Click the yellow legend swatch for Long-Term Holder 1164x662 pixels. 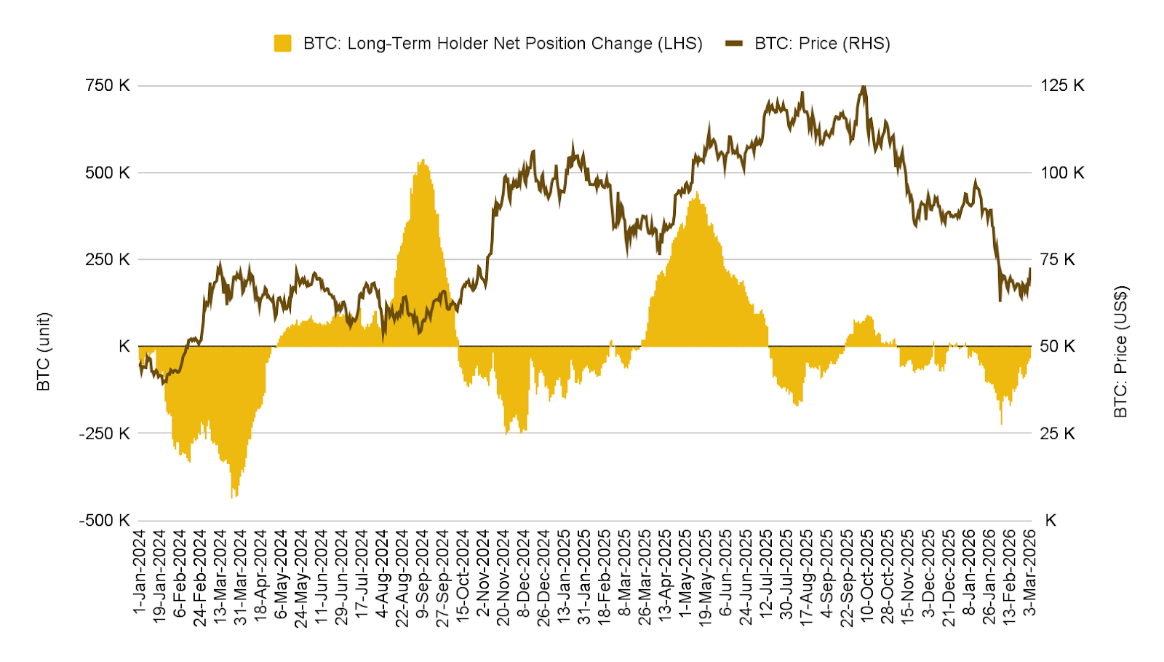point(282,44)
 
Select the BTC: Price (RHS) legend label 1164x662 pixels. point(822,44)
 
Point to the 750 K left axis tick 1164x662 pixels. point(108,86)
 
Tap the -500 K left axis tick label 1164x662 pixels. point(105,521)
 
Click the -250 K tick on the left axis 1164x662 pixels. point(105,433)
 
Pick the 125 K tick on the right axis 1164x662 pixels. point(1062,86)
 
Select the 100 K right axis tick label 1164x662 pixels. point(1062,173)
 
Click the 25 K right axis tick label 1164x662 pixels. point(1057,433)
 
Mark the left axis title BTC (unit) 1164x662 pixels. point(44,352)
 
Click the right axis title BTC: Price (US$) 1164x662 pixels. point(1120,352)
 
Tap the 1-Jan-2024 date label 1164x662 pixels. point(140,572)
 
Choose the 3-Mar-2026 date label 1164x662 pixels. point(1030,572)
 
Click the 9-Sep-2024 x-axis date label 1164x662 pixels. point(423,572)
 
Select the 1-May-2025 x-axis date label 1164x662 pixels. point(686,572)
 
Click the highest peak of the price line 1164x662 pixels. point(864,87)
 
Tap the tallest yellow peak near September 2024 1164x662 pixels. point(423,160)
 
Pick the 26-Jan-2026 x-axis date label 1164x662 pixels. point(989,572)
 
